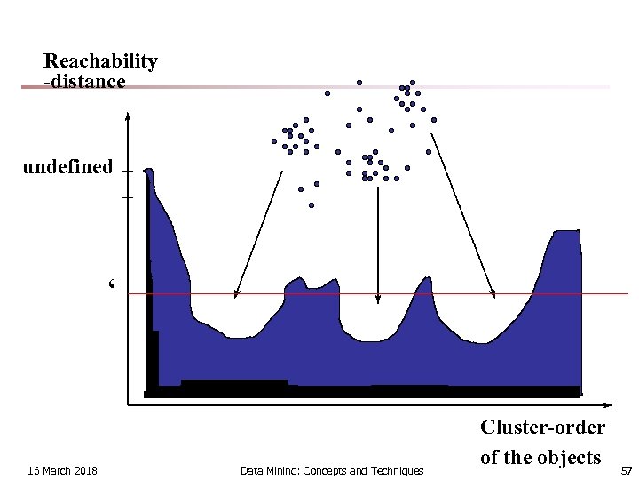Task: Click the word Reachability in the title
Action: pos(100,61)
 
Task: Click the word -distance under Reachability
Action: pos(84,82)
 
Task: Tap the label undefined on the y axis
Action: pos(67,167)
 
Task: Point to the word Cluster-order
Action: pos(542,427)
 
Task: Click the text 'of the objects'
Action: pos(540,457)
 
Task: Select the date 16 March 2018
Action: pos(62,470)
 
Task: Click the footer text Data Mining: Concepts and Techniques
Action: pos(332,470)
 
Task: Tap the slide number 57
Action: pos(626,470)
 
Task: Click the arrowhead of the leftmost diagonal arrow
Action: pos(236,293)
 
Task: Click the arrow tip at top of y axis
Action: pos(129,116)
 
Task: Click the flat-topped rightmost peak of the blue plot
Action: pos(565,234)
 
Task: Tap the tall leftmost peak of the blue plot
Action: pos(148,172)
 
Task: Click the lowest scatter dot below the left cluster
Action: pos(312,205)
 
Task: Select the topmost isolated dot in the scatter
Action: pos(359,83)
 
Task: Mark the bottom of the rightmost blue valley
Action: pos(480,341)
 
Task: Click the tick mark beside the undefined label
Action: pos(128,171)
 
